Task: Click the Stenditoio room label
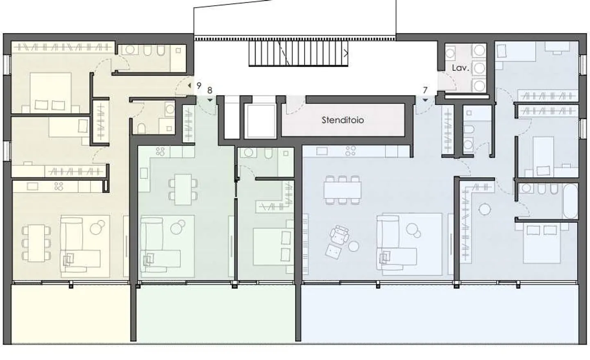tap(343, 120)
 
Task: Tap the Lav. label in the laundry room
tap(460, 68)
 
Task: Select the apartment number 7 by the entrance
tap(425, 90)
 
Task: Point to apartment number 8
tap(210, 91)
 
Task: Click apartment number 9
tap(199, 86)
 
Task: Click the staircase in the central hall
tap(298, 53)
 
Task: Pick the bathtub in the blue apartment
tap(570, 201)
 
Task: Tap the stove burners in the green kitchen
tap(160, 152)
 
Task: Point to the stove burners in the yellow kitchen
tap(59, 187)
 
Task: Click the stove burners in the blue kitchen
tap(350, 151)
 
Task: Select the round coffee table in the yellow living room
tap(98, 227)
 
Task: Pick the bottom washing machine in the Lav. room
tap(479, 86)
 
